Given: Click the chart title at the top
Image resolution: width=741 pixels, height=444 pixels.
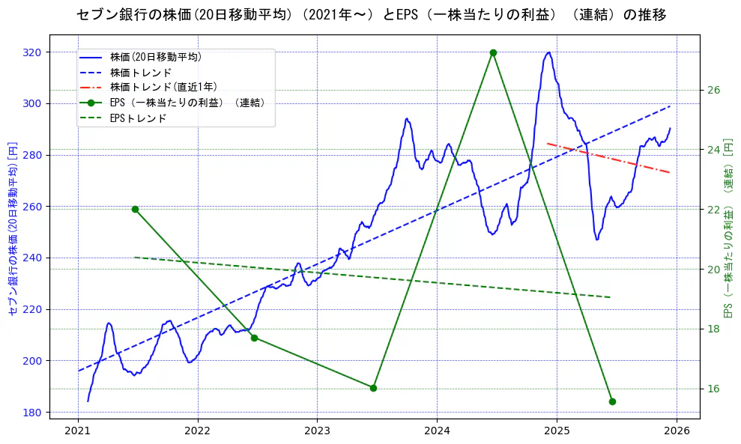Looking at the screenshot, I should [371, 15].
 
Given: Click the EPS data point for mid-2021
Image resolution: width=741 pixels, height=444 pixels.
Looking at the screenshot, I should [135, 209].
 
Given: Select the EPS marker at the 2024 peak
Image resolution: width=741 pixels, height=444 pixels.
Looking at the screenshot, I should [493, 52].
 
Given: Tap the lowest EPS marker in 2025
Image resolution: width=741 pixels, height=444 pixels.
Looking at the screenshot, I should [612, 401].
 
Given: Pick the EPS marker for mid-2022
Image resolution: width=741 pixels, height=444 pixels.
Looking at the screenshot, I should [254, 338].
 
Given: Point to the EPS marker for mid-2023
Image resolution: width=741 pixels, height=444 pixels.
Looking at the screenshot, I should [373, 388].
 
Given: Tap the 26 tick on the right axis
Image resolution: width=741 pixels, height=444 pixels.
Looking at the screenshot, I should [713, 90].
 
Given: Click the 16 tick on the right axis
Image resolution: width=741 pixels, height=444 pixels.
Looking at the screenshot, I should [713, 389].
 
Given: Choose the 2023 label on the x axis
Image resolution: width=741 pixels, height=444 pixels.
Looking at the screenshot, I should [317, 431].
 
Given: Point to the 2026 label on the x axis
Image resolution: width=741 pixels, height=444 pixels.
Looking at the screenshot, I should [677, 431].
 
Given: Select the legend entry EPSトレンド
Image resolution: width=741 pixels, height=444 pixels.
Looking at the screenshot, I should [138, 118].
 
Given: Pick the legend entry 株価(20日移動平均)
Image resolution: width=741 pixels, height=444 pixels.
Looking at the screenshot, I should [155, 57].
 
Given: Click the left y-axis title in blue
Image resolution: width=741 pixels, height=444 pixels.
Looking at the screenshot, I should [12, 228].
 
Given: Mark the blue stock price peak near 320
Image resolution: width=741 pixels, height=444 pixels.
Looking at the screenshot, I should [549, 52].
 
